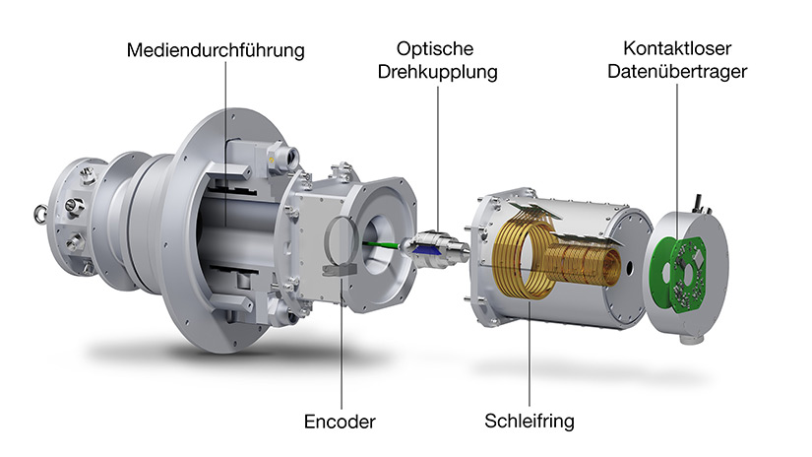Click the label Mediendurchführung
216,50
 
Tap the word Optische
435,48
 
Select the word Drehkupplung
438,72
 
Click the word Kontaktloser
677,48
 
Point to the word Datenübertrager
677,71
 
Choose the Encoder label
340,422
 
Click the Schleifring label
530,421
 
